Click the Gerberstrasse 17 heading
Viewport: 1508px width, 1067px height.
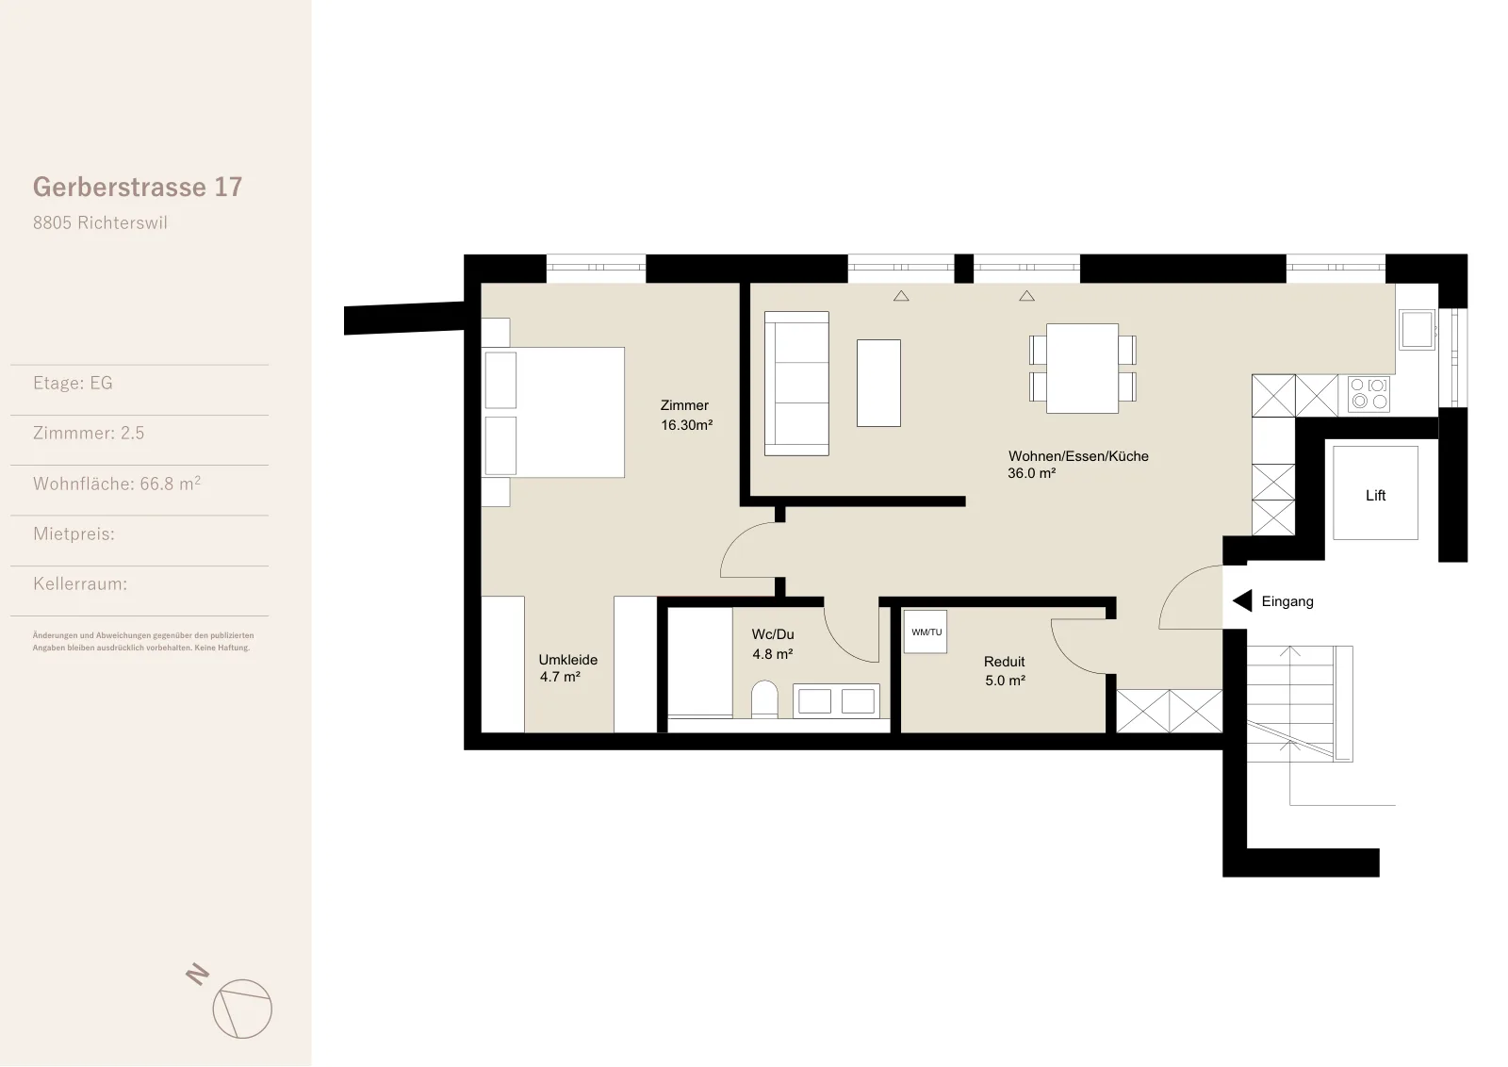(138, 188)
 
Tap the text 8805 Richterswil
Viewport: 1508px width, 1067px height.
(100, 222)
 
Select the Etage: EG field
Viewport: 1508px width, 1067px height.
(73, 383)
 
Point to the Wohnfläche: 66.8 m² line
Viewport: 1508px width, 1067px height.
(117, 484)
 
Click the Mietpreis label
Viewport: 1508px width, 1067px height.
(74, 533)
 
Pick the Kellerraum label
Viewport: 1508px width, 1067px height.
(80, 583)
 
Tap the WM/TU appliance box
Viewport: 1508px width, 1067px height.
(926, 632)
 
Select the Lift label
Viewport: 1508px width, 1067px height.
(1375, 496)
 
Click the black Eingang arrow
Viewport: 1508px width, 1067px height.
(1243, 600)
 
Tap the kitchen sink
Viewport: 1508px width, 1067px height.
(1418, 329)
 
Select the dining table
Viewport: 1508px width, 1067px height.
(1083, 369)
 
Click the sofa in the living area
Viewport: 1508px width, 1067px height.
(796, 383)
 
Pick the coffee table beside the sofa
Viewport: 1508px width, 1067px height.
(878, 383)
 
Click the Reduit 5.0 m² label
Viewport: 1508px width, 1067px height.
(1005, 671)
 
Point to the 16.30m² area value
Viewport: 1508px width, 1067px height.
(686, 425)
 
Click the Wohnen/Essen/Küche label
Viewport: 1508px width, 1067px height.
(1078, 456)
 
